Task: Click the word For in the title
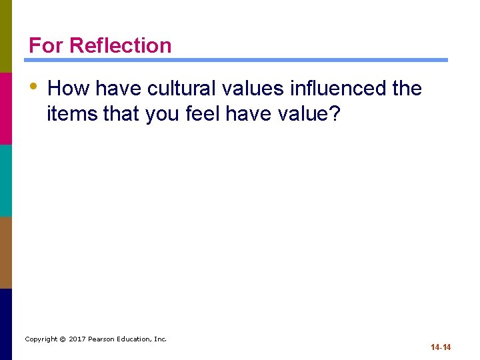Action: pyautogui.click(x=47, y=45)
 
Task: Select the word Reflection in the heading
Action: pyautogui.click(x=121, y=45)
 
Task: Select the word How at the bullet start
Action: pyautogui.click(x=68, y=88)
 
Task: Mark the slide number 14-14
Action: pyautogui.click(x=441, y=347)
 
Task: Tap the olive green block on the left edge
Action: pyautogui.click(x=6, y=36)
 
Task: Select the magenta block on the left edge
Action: pyautogui.click(x=6, y=108)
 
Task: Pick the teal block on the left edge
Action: pyautogui.click(x=6, y=180)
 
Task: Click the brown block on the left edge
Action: pyautogui.click(x=6, y=252)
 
